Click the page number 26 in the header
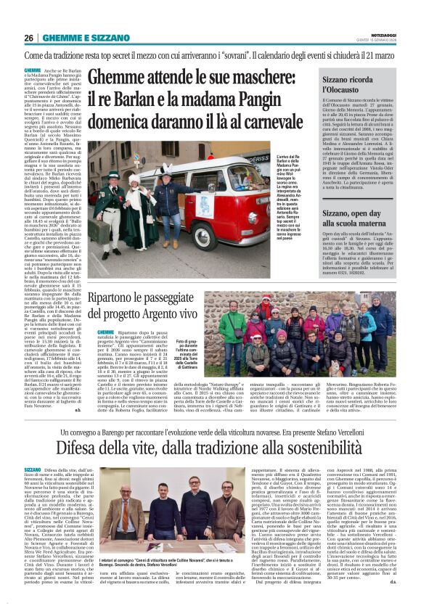[x=29, y=38]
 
